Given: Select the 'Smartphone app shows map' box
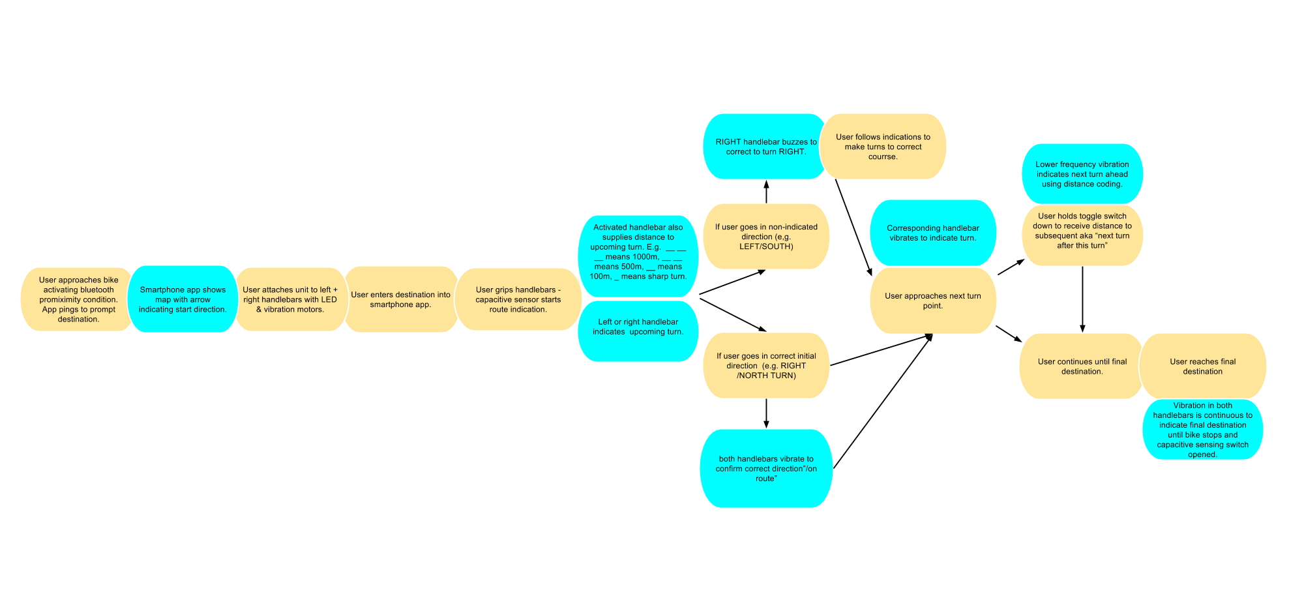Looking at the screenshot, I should tap(183, 299).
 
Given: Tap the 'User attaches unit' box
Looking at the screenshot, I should tap(290, 299).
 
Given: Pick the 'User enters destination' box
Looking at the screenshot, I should tap(400, 299).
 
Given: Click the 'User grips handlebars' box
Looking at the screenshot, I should tap(518, 299).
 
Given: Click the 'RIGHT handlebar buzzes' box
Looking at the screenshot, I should tap(765, 147).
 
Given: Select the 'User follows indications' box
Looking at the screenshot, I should tap(883, 147).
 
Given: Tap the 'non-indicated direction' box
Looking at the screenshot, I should tap(765, 236).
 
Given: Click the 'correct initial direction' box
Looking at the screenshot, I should tap(765, 365).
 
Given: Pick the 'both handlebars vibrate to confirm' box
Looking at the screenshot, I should tap(765, 468).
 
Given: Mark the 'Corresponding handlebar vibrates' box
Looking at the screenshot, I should tap(932, 233).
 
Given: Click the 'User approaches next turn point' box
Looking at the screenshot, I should tap(932, 301).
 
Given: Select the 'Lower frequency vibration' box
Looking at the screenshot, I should tap(1082, 174).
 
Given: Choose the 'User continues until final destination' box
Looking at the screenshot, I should tap(1082, 366).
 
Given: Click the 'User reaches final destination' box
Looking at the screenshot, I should tap(1202, 366).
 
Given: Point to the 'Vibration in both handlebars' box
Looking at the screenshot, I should tap(1202, 430).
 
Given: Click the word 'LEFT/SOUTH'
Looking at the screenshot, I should tap(765, 246).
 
